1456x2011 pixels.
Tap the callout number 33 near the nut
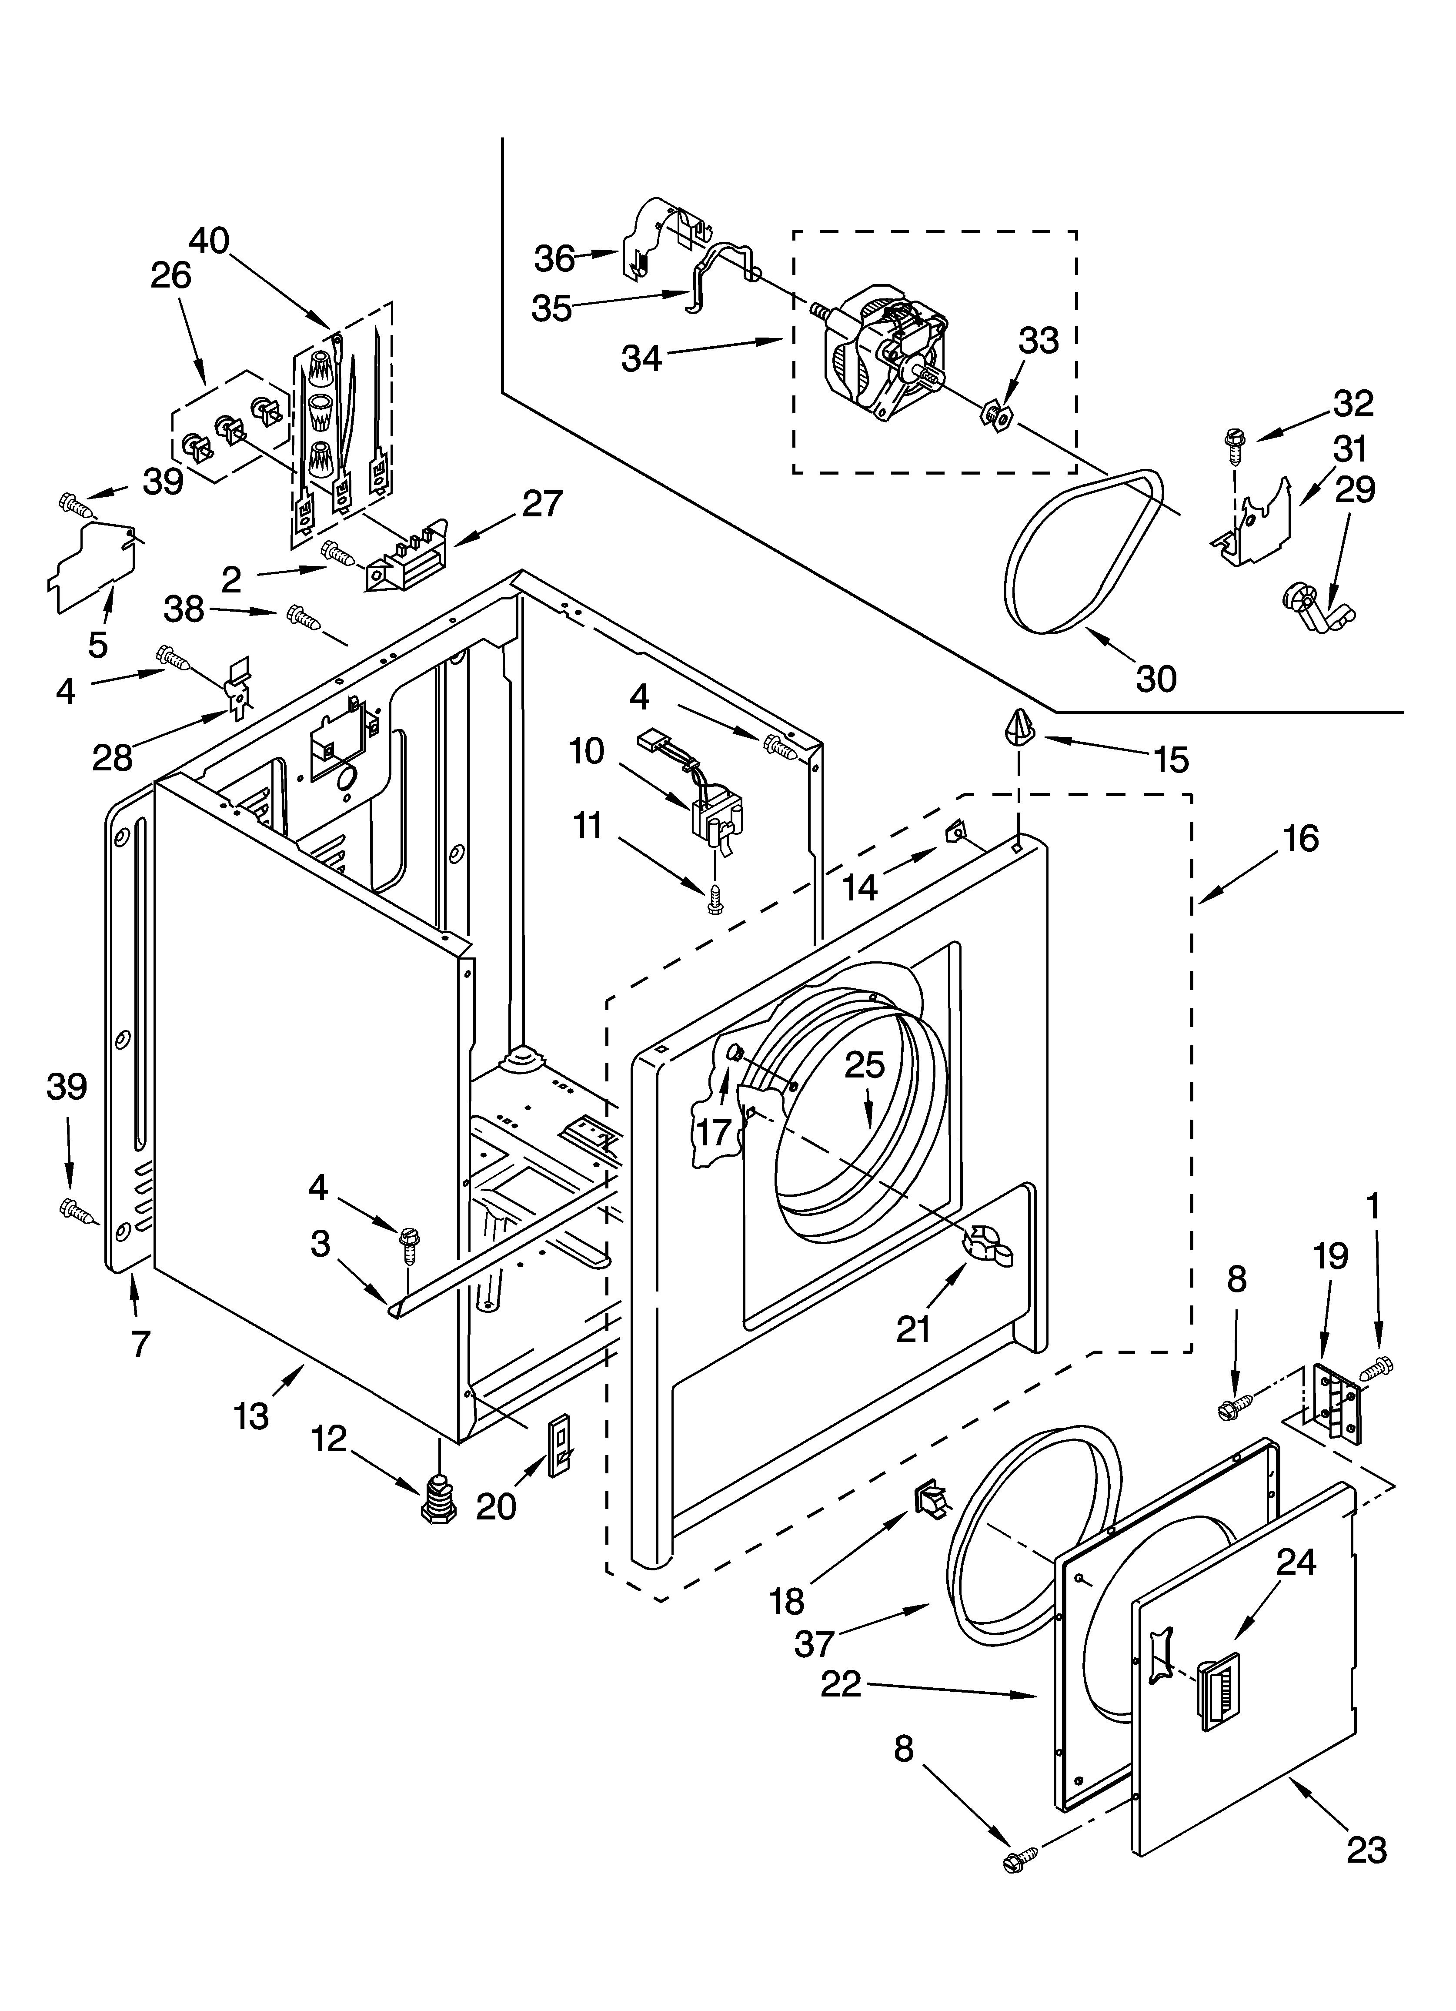point(1039,341)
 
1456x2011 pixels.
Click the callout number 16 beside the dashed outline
point(1301,838)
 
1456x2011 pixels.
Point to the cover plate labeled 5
point(93,568)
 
